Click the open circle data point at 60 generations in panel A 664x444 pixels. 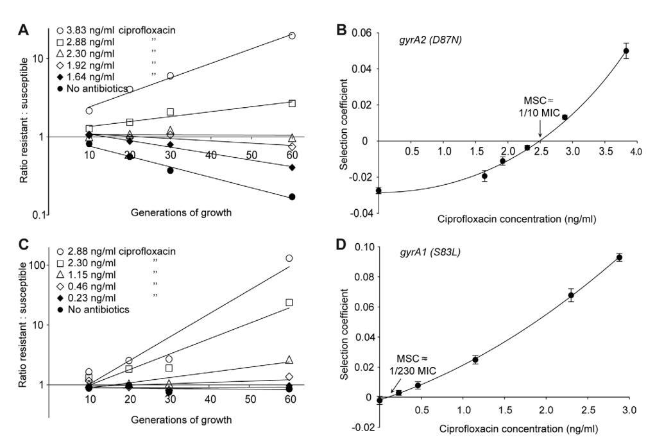(292, 36)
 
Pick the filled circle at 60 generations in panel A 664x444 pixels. (292, 196)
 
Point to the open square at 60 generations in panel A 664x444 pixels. (292, 103)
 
